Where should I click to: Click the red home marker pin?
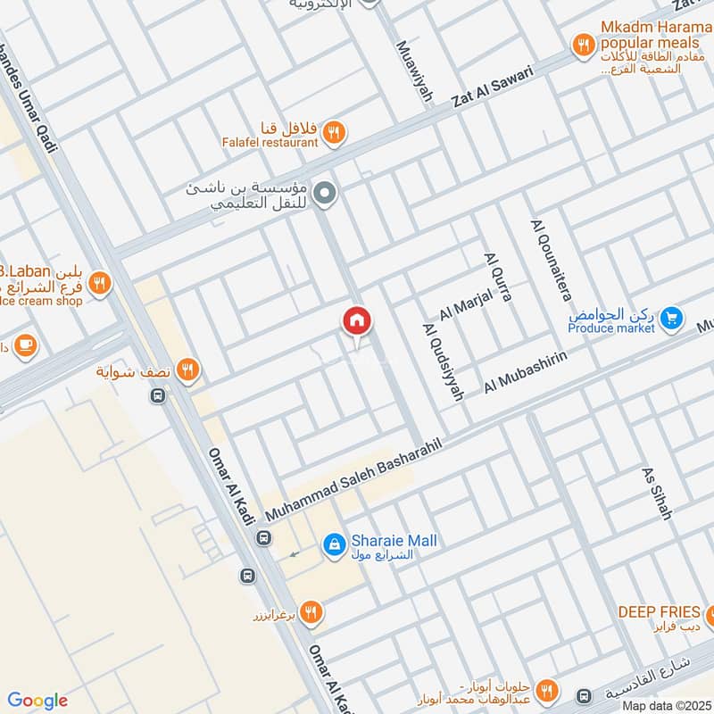point(356,321)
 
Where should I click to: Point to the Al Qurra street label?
point(497,277)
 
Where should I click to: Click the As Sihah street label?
point(657,492)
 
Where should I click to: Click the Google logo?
point(37,701)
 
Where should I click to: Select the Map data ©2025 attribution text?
point(665,705)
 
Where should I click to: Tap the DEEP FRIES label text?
point(659,612)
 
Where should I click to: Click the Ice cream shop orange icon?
point(101,283)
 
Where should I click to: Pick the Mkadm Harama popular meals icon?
point(583,43)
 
